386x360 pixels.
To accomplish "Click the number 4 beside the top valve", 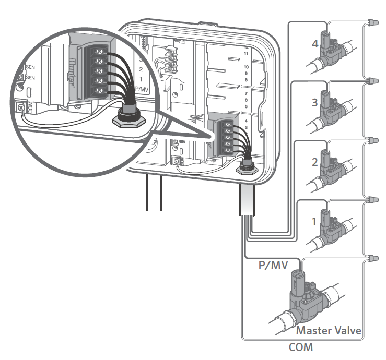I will (315, 44).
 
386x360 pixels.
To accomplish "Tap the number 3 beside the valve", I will (314, 102).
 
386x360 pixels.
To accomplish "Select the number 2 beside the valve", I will (314, 162).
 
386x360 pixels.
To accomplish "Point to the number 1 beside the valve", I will (314, 221).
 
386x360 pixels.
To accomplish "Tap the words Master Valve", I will (329, 331).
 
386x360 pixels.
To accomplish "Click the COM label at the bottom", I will (302, 347).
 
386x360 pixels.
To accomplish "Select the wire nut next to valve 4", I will (372, 22).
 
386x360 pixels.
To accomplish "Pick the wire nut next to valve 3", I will (372, 81).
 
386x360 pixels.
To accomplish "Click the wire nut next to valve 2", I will (372, 141).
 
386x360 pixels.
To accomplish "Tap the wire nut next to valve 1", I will (372, 200).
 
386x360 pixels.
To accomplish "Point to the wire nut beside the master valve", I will (372, 258).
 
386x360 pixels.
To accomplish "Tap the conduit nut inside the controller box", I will (245, 168).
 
